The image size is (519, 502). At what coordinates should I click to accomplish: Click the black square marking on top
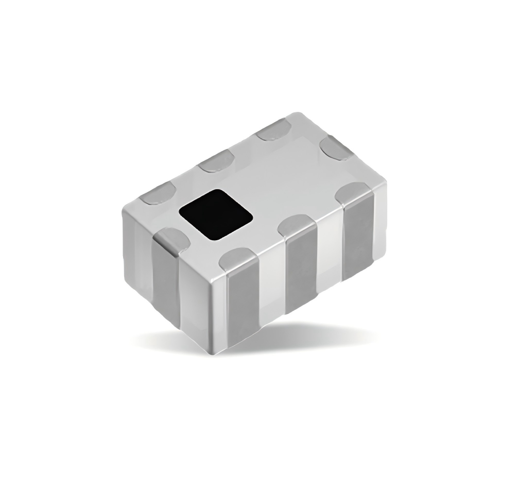click(x=216, y=214)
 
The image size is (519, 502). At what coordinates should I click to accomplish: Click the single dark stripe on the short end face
click(x=165, y=289)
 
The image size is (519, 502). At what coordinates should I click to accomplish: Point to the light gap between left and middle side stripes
click(x=272, y=294)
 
